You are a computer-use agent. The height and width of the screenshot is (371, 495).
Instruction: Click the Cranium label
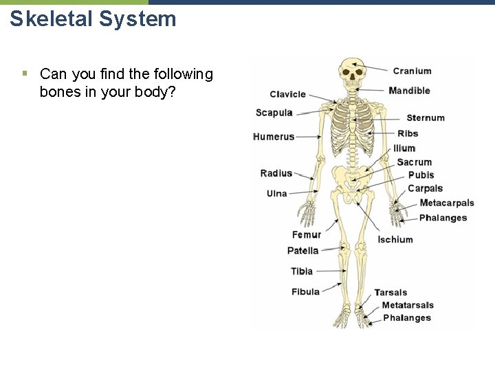(x=412, y=71)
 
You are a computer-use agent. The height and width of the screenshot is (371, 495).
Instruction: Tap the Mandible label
(x=409, y=91)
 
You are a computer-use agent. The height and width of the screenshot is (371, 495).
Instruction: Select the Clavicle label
(x=287, y=95)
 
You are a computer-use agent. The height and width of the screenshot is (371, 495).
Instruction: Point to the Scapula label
(x=274, y=113)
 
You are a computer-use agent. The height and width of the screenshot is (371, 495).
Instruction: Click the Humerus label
(x=274, y=137)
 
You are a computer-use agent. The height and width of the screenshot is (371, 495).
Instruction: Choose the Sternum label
(x=426, y=118)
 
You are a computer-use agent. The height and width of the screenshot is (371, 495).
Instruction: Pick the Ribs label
(x=408, y=133)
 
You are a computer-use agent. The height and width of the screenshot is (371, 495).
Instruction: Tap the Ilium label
(x=404, y=148)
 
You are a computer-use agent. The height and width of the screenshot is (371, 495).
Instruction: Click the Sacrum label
(x=414, y=162)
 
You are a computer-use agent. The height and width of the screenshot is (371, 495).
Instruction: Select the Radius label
(x=276, y=173)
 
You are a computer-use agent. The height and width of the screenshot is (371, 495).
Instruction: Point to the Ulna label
(x=276, y=194)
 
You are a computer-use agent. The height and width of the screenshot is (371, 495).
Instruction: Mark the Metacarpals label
(x=447, y=203)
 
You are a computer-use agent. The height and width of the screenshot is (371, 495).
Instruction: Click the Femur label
(x=307, y=235)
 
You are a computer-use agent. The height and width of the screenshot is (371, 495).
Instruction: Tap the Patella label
(x=302, y=251)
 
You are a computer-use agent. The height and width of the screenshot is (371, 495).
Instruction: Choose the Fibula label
(x=305, y=292)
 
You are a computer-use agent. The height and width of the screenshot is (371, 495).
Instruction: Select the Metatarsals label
(x=408, y=305)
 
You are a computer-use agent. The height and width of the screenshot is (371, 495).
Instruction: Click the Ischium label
(x=395, y=240)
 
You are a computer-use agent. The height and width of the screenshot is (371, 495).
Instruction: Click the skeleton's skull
(x=351, y=71)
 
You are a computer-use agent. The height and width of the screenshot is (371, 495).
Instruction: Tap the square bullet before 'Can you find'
(x=24, y=71)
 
